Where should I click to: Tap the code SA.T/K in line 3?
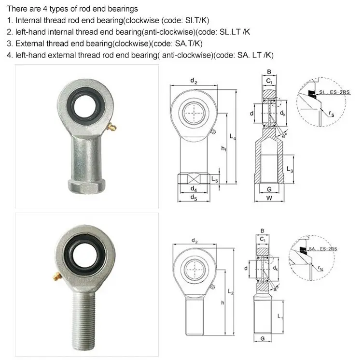point(187,43)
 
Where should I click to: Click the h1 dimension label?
point(223,148)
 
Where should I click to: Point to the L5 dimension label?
point(215,180)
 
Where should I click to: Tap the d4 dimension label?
point(193,189)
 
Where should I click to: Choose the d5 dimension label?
point(193,197)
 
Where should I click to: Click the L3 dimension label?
point(290,170)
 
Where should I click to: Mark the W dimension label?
point(269,198)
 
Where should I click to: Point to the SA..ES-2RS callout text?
point(323,249)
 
